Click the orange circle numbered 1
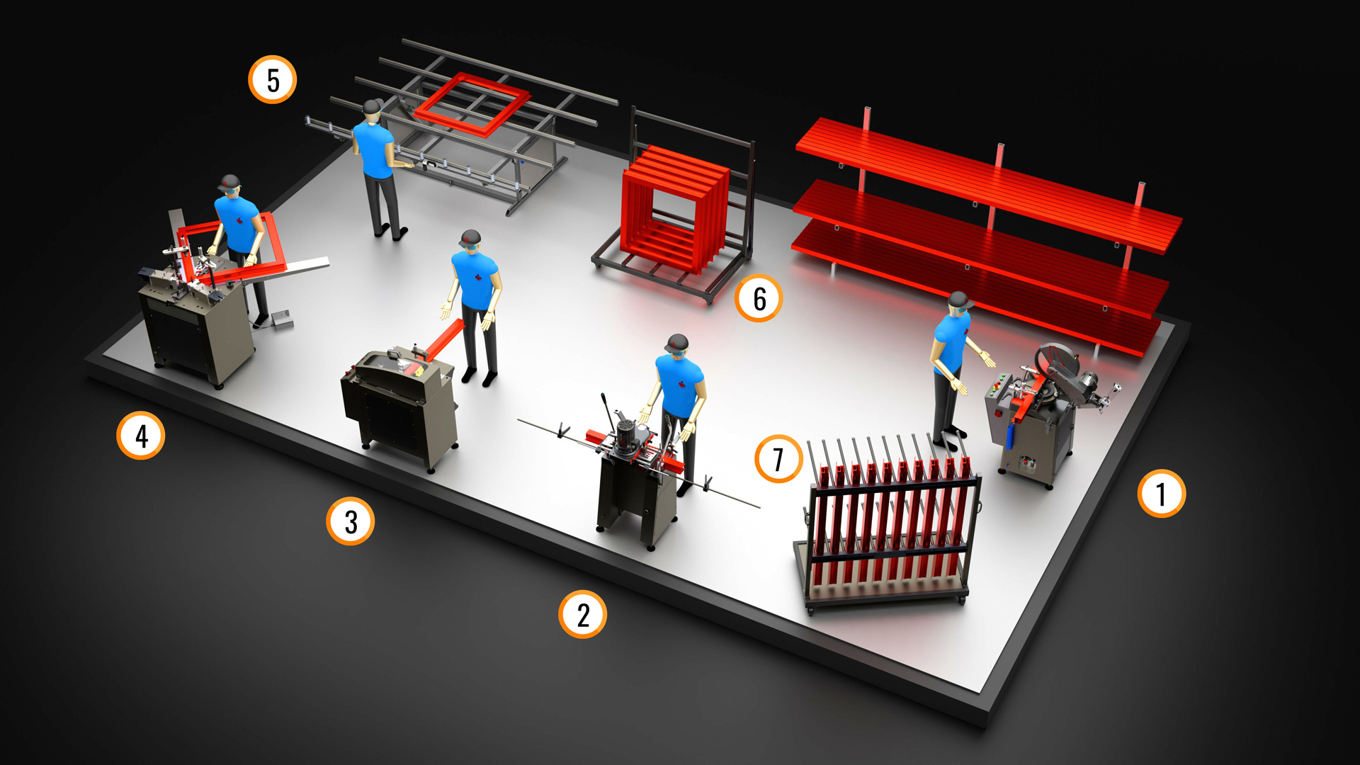click(x=1161, y=494)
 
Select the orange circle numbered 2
click(x=582, y=614)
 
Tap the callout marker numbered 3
click(x=350, y=521)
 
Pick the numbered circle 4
click(x=141, y=436)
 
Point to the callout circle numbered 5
click(x=273, y=79)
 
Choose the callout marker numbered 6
click(x=759, y=298)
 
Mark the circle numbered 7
click(x=778, y=459)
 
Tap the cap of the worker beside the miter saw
click(x=959, y=299)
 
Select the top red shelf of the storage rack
click(x=988, y=183)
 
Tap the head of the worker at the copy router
click(x=677, y=348)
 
